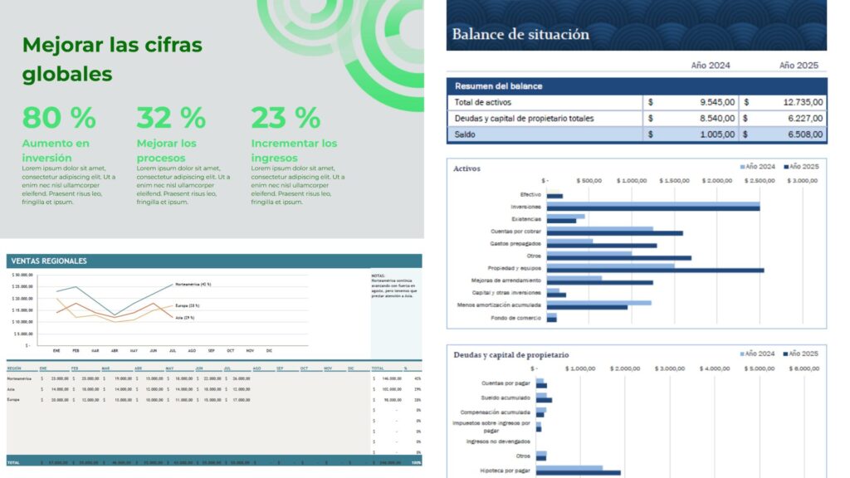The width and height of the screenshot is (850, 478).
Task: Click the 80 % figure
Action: pyautogui.click(x=58, y=118)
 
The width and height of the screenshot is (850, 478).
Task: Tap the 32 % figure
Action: pyautogui.click(x=171, y=118)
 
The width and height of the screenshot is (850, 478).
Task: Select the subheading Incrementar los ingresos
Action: pyautogui.click(x=294, y=150)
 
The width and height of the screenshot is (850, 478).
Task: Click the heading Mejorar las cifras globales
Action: pyautogui.click(x=112, y=59)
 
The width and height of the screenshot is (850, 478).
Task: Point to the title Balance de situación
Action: pyautogui.click(x=520, y=35)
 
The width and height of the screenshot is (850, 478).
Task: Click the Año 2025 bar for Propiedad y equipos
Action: pyautogui.click(x=655, y=270)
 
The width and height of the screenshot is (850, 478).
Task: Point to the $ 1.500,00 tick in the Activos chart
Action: pyautogui.click(x=673, y=180)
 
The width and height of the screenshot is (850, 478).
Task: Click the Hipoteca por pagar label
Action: pyautogui.click(x=506, y=471)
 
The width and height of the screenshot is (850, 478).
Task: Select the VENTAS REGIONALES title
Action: pyautogui.click(x=49, y=261)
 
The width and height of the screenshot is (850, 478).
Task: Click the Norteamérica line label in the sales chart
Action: pyautogui.click(x=193, y=285)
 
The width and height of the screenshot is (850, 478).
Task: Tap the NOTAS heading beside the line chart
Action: pyautogui.click(x=378, y=276)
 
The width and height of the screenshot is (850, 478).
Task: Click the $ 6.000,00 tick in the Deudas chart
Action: pyautogui.click(x=804, y=368)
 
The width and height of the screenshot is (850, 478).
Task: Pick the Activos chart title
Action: pyautogui.click(x=467, y=168)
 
